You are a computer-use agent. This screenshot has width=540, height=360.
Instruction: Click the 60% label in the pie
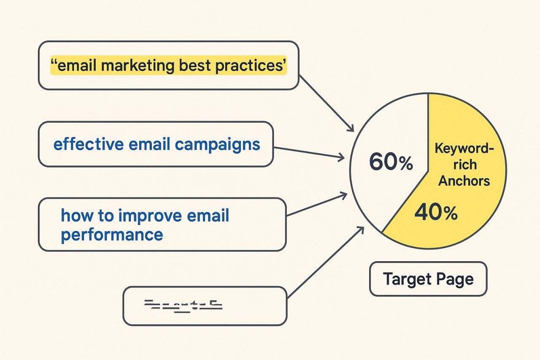point(391,162)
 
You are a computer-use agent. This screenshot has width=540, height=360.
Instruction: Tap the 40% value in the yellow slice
point(436,213)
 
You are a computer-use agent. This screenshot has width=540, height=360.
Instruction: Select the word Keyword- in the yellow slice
point(464,149)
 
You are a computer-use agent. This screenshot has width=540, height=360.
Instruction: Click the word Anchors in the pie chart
point(464,181)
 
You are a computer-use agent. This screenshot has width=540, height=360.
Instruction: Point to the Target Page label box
point(428,279)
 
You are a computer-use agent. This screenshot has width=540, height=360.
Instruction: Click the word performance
point(112,234)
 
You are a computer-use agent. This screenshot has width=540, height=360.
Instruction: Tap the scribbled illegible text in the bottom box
point(183,305)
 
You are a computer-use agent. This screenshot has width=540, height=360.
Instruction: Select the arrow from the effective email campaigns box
point(308,153)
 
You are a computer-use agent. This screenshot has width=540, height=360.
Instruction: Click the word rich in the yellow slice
point(464,165)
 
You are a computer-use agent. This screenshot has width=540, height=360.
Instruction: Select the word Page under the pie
point(455,279)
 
